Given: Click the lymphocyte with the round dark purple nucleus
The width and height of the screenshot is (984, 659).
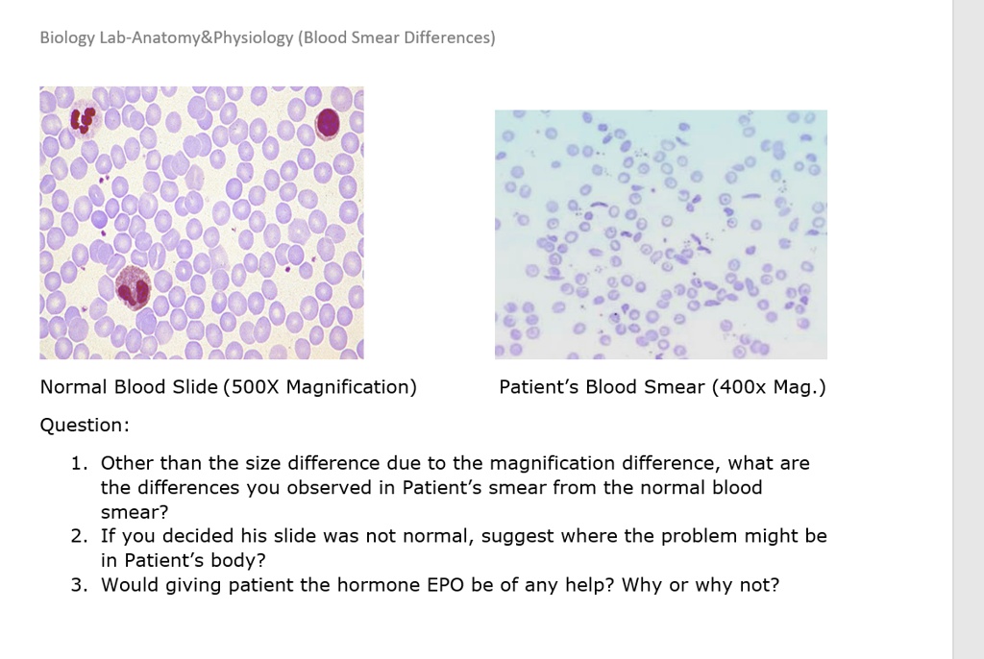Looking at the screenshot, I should point(329,123).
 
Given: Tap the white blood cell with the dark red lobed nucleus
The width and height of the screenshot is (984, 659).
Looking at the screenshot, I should point(84,120).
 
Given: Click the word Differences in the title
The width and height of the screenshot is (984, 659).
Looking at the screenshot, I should point(449,38).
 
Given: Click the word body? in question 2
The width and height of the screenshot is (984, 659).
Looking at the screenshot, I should point(236,559).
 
